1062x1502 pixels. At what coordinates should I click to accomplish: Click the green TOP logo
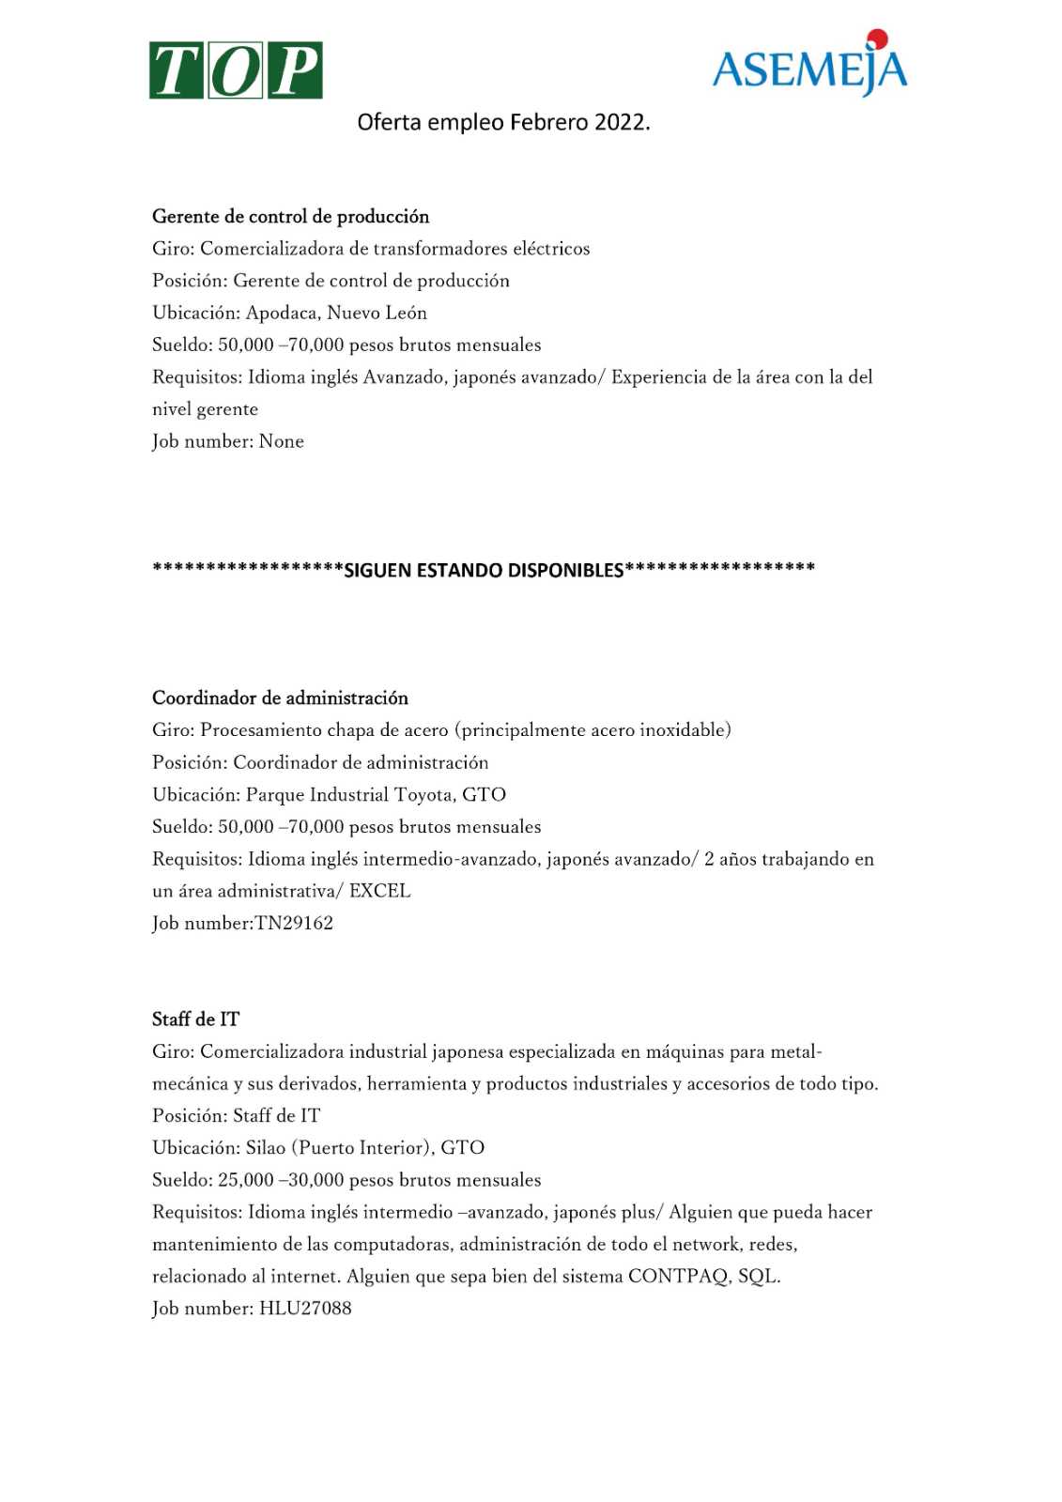(x=236, y=70)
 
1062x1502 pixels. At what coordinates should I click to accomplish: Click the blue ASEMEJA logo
(x=809, y=66)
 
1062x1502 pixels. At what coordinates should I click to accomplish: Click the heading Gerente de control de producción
(x=290, y=217)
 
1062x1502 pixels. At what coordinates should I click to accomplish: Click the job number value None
(x=281, y=441)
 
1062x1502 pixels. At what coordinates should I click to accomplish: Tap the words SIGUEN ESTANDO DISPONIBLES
(x=484, y=570)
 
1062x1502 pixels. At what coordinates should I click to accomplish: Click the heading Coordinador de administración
(x=280, y=698)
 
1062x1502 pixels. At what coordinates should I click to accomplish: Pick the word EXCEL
(x=379, y=891)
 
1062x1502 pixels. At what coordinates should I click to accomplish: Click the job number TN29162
(x=294, y=923)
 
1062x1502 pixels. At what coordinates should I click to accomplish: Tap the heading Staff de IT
(x=195, y=1019)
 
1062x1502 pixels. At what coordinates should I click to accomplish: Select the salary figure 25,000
(x=245, y=1180)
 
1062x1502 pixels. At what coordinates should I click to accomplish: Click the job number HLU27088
(x=305, y=1309)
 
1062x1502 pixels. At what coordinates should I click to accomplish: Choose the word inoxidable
(x=684, y=730)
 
